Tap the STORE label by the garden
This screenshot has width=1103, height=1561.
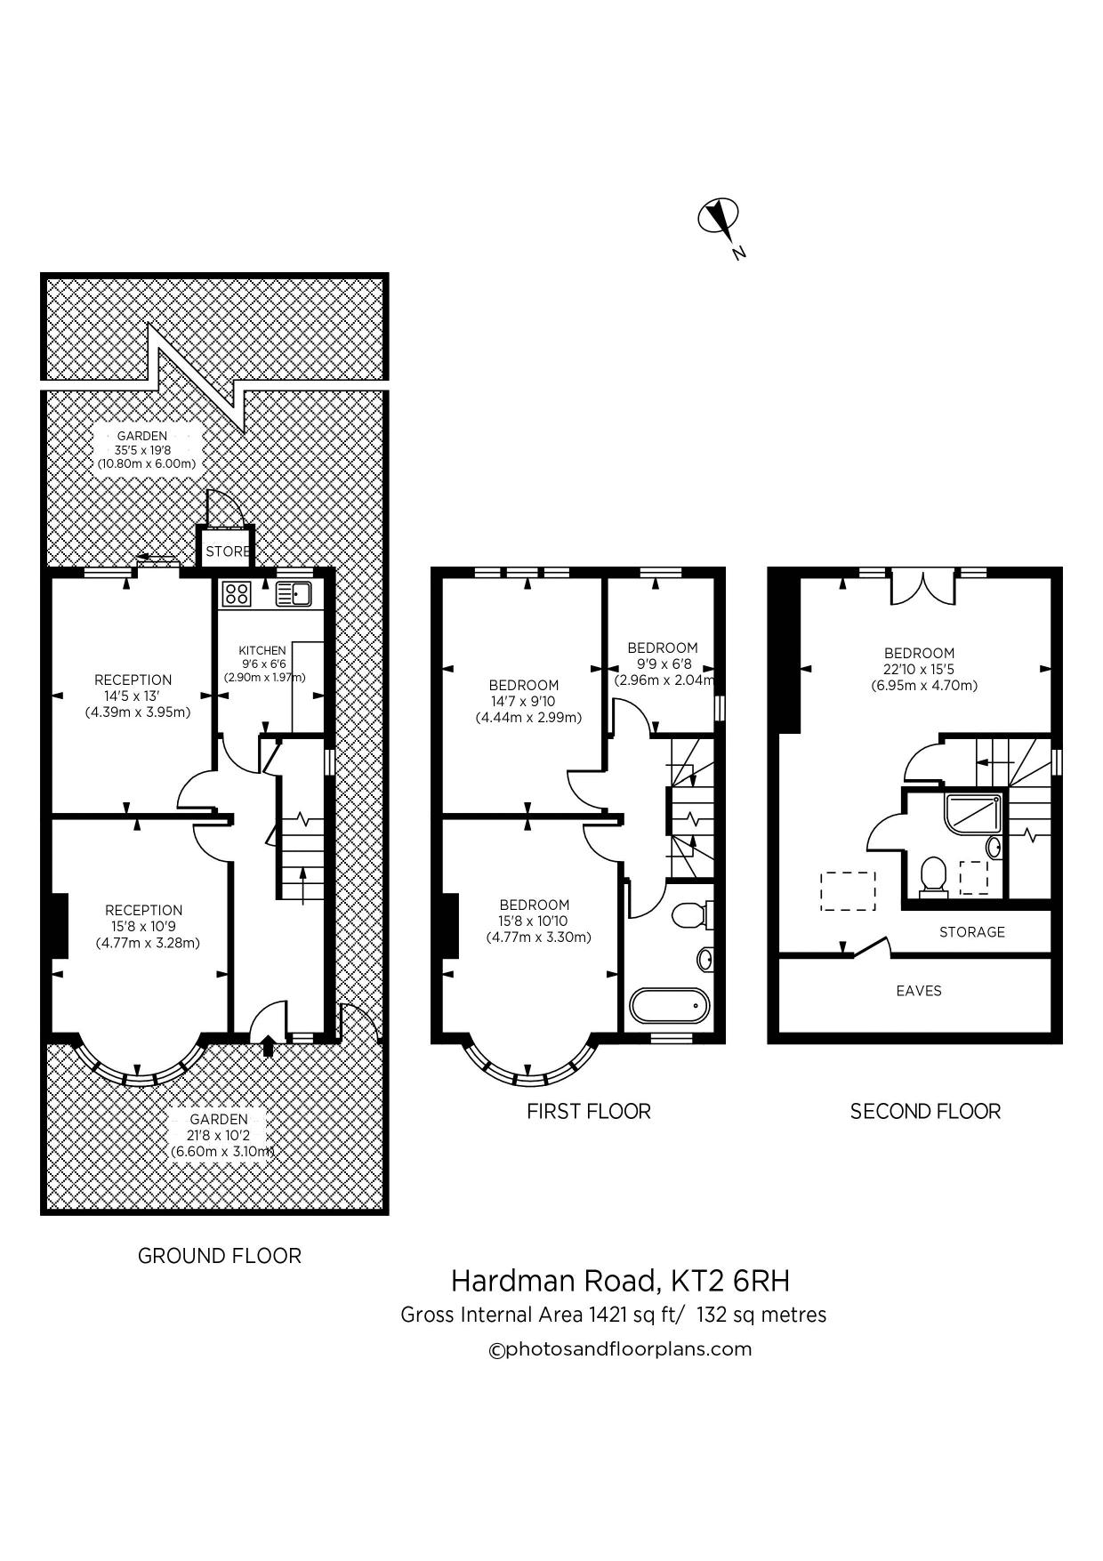click(228, 551)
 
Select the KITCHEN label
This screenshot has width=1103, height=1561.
click(262, 650)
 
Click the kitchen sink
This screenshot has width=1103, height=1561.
click(293, 593)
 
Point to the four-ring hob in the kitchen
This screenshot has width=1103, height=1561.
click(238, 593)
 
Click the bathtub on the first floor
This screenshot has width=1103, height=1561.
click(670, 1005)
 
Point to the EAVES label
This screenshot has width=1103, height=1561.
click(919, 991)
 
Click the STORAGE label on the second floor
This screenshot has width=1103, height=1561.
click(972, 932)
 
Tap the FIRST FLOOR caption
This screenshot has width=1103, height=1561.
click(589, 1111)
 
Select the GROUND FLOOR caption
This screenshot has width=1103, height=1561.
click(220, 1256)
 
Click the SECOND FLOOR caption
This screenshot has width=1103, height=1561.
click(925, 1111)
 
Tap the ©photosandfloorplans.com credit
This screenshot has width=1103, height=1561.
click(621, 1349)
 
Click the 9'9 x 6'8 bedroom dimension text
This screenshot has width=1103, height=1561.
click(663, 664)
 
